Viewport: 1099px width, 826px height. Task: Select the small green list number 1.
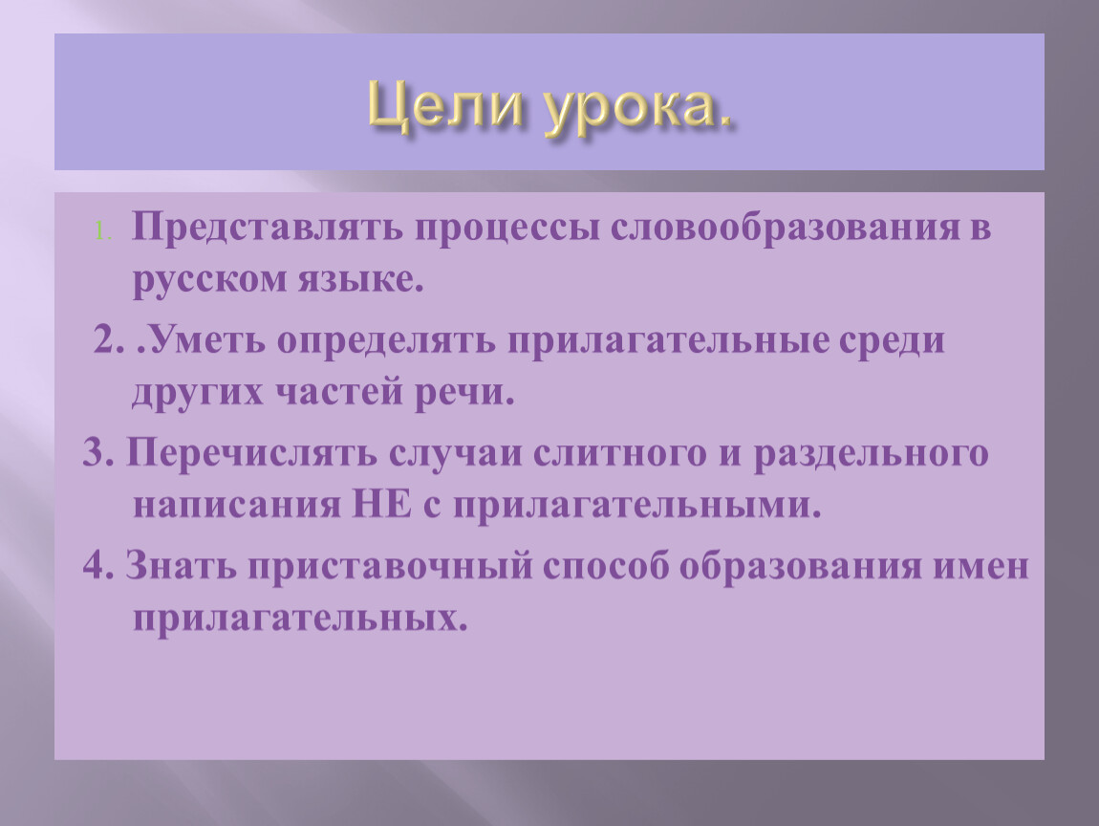coord(103,230)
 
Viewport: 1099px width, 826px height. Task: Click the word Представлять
coord(267,228)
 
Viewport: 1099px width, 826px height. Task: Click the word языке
coord(361,280)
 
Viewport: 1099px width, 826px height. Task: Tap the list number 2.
coord(109,340)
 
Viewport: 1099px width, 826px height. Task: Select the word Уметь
coord(201,340)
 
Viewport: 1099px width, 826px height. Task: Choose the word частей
coord(337,393)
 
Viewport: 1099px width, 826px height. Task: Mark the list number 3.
coord(98,452)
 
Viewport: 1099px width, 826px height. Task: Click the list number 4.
coord(98,565)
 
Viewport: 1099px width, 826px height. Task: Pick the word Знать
coord(181,565)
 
